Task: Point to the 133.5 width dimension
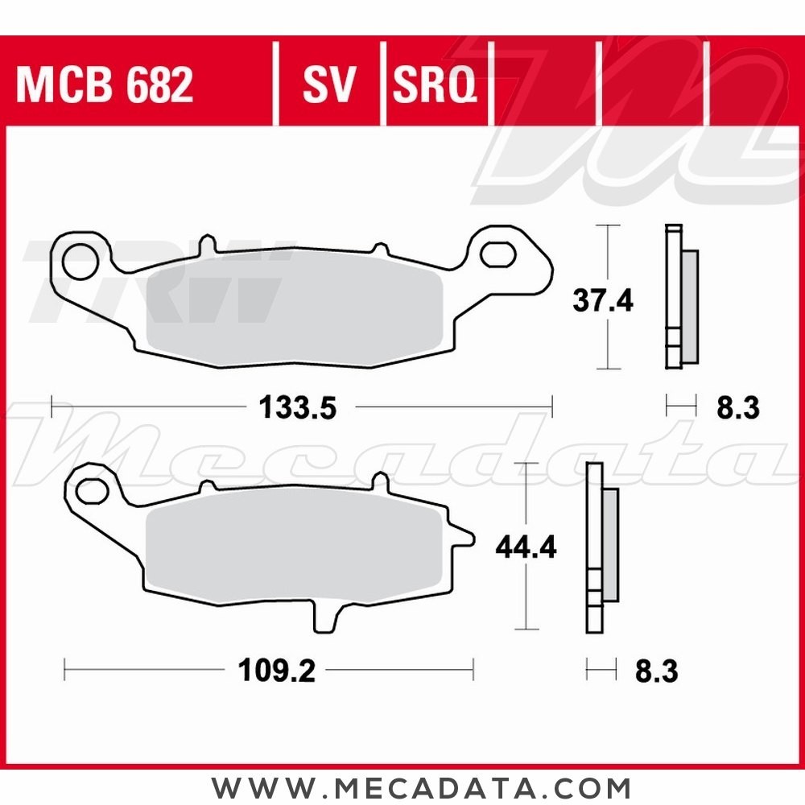tap(296, 408)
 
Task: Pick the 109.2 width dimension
tap(277, 671)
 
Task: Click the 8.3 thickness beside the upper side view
tap(736, 409)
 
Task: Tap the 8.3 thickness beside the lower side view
tap(656, 671)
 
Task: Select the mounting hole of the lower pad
tap(93, 489)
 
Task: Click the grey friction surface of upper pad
tap(294, 306)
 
